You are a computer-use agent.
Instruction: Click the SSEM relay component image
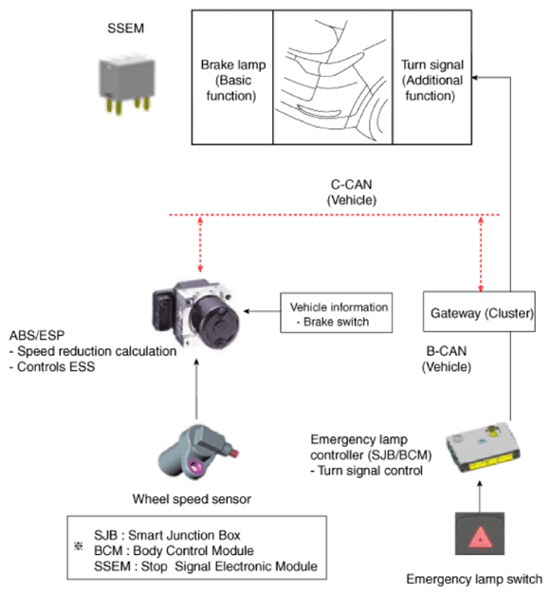click(127, 85)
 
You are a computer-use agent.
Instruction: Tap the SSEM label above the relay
click(125, 28)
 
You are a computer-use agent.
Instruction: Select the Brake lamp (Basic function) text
click(233, 80)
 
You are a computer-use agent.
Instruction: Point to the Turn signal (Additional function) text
click(432, 80)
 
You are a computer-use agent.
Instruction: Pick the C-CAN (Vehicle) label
click(352, 193)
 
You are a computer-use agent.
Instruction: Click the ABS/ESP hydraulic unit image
click(196, 314)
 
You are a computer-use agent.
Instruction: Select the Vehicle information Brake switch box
click(336, 312)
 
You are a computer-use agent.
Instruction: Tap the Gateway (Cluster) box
click(479, 311)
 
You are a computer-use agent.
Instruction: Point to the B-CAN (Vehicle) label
click(447, 359)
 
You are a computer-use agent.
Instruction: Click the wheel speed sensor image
click(197, 452)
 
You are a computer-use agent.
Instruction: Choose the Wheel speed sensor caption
click(192, 499)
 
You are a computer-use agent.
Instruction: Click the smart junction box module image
click(483, 447)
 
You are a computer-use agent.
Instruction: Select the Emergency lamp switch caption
click(474, 580)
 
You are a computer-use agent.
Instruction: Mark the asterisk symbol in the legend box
click(79, 546)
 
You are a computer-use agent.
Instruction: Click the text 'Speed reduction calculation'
click(97, 351)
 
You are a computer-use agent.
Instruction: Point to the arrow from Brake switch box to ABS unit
click(262, 311)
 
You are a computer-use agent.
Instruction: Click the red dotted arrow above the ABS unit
click(200, 244)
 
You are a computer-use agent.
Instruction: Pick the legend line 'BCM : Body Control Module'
click(174, 550)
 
